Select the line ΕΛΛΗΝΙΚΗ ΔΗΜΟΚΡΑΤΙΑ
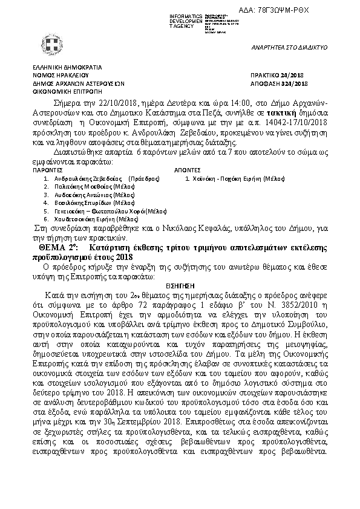tap(59, 67)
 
